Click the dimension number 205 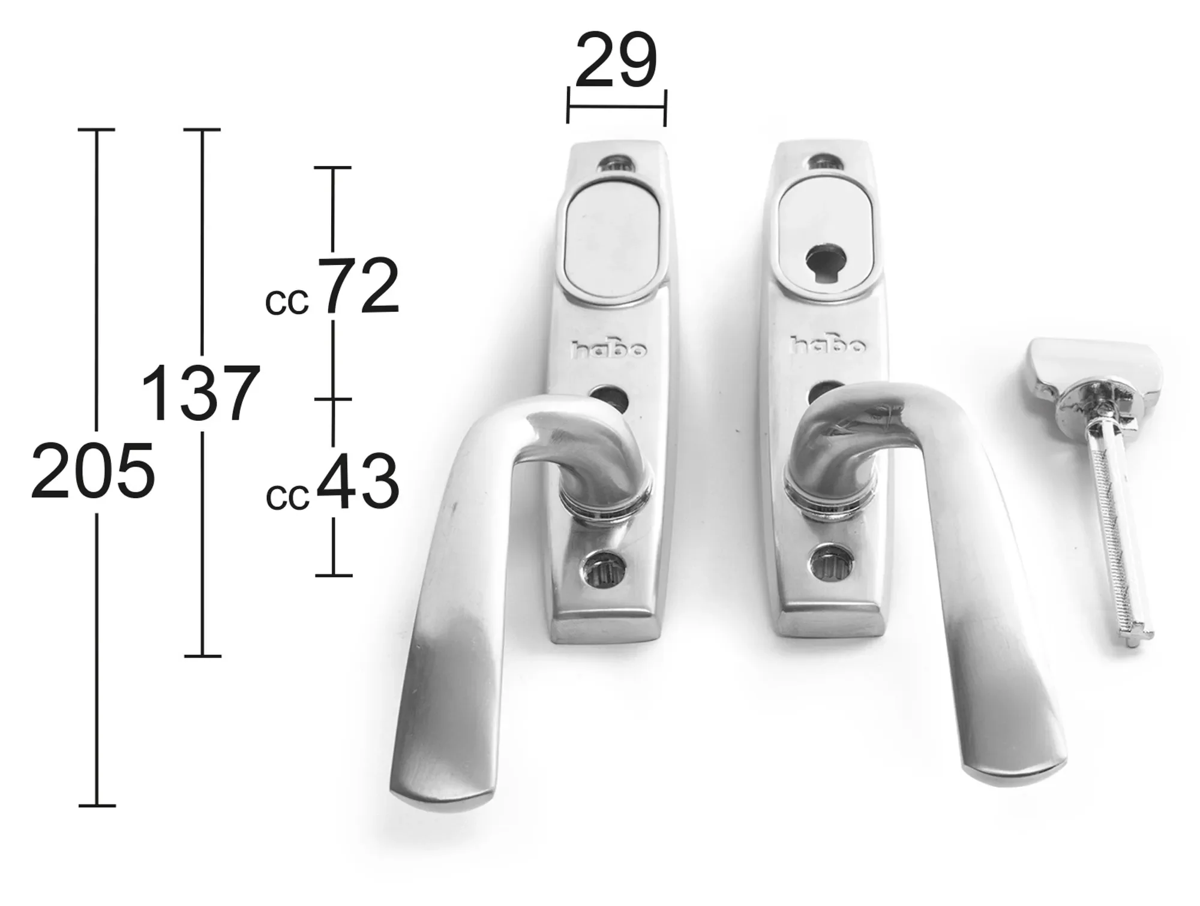(x=93, y=471)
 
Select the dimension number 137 (x=200, y=394)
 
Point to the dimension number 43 (x=358, y=481)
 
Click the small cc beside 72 (x=287, y=303)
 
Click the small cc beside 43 (x=287, y=498)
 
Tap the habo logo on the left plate (x=608, y=349)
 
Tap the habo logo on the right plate (x=829, y=345)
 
